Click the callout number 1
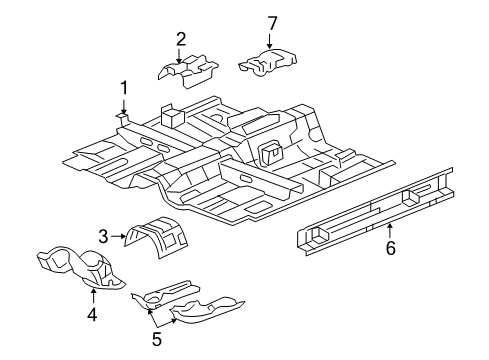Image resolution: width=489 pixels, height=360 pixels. [125, 88]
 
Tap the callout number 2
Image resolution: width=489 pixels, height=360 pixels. [181, 39]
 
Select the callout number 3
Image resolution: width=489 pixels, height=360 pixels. [102, 236]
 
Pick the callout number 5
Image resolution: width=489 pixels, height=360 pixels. [157, 339]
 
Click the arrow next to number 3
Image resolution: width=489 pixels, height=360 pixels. [118, 236]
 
